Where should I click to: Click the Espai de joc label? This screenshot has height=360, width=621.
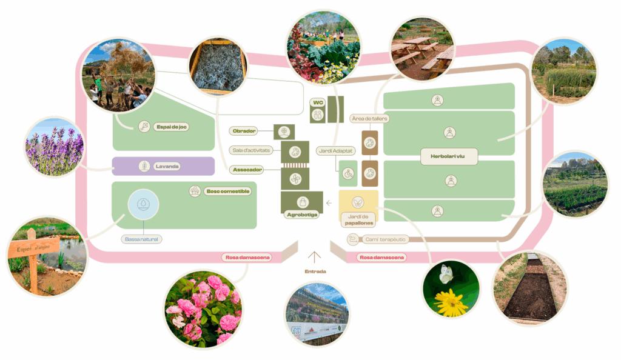tap(170, 126)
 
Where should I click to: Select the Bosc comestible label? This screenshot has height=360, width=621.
tap(228, 191)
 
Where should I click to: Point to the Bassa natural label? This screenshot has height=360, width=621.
tap(142, 239)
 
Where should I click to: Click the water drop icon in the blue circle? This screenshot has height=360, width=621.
tap(143, 204)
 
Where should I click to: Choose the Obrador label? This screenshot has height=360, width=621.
tap(245, 131)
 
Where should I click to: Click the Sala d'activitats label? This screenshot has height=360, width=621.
tap(253, 150)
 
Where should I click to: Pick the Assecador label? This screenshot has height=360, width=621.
tap(247, 170)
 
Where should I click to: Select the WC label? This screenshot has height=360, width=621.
tap(318, 102)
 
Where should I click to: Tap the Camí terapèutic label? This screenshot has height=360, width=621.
tap(385, 239)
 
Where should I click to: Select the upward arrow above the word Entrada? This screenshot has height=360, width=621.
tap(315, 257)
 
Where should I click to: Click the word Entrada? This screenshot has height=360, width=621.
tap(315, 272)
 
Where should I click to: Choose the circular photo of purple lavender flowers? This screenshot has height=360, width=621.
tap(54, 148)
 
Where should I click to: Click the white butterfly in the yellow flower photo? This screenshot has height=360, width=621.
tap(447, 273)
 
